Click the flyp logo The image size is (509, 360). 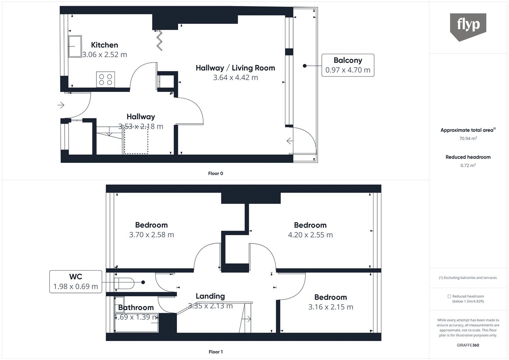click(x=468, y=27)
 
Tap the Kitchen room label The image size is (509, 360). click(x=105, y=45)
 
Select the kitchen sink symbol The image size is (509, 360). click(x=75, y=47)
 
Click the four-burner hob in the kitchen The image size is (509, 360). click(x=106, y=79)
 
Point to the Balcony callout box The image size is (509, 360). click(x=348, y=65)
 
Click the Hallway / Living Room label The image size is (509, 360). click(x=235, y=68)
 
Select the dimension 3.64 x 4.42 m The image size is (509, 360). click(x=235, y=78)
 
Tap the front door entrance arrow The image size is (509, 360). click(x=61, y=105)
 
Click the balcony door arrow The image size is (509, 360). click(x=290, y=141)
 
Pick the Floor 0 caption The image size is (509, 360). click(x=216, y=173)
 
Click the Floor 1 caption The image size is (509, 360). click(x=216, y=352)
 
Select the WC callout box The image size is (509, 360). click(x=76, y=282)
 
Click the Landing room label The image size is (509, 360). click(x=210, y=296)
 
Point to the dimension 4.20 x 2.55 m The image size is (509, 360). click(x=310, y=235)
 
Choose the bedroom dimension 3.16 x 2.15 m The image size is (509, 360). click(x=330, y=307)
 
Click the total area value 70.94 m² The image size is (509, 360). click(x=468, y=138)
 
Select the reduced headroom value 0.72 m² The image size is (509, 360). click(x=468, y=165)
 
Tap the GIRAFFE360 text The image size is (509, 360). click(x=468, y=345)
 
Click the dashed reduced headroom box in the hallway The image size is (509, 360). click(x=136, y=141)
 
